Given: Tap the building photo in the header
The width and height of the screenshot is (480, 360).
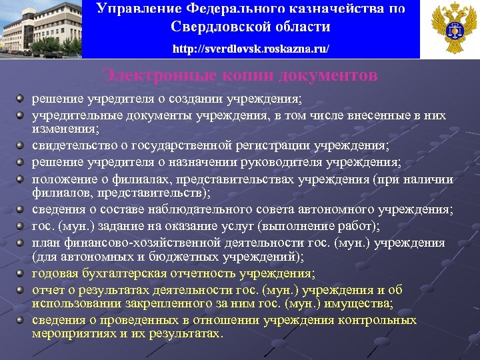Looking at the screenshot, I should (41, 29).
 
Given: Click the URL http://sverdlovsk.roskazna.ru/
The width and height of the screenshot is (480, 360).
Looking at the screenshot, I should (250, 50).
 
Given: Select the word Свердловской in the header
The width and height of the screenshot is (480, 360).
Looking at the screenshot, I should (215, 27).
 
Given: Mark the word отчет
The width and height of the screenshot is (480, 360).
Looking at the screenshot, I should (47, 290).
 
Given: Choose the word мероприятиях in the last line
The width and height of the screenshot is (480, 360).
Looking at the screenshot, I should (74, 333).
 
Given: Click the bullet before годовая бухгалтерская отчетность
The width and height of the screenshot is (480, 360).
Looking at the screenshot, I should (22, 273).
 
